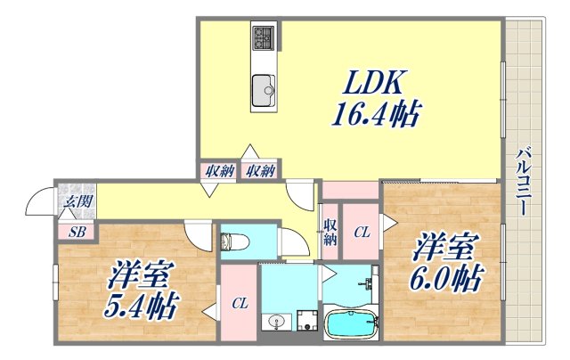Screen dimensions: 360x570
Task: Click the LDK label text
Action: (372, 85)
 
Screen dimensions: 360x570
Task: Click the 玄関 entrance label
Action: (77, 201)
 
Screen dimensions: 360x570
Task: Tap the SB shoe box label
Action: (77, 232)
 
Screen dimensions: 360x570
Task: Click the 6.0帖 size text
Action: (446, 280)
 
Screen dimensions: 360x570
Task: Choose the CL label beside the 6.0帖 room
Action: (362, 233)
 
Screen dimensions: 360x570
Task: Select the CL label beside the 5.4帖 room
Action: (240, 304)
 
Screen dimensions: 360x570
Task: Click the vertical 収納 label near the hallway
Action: (330, 233)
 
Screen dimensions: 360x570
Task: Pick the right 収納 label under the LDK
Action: (260, 170)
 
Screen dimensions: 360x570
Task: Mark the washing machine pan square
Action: (308, 321)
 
